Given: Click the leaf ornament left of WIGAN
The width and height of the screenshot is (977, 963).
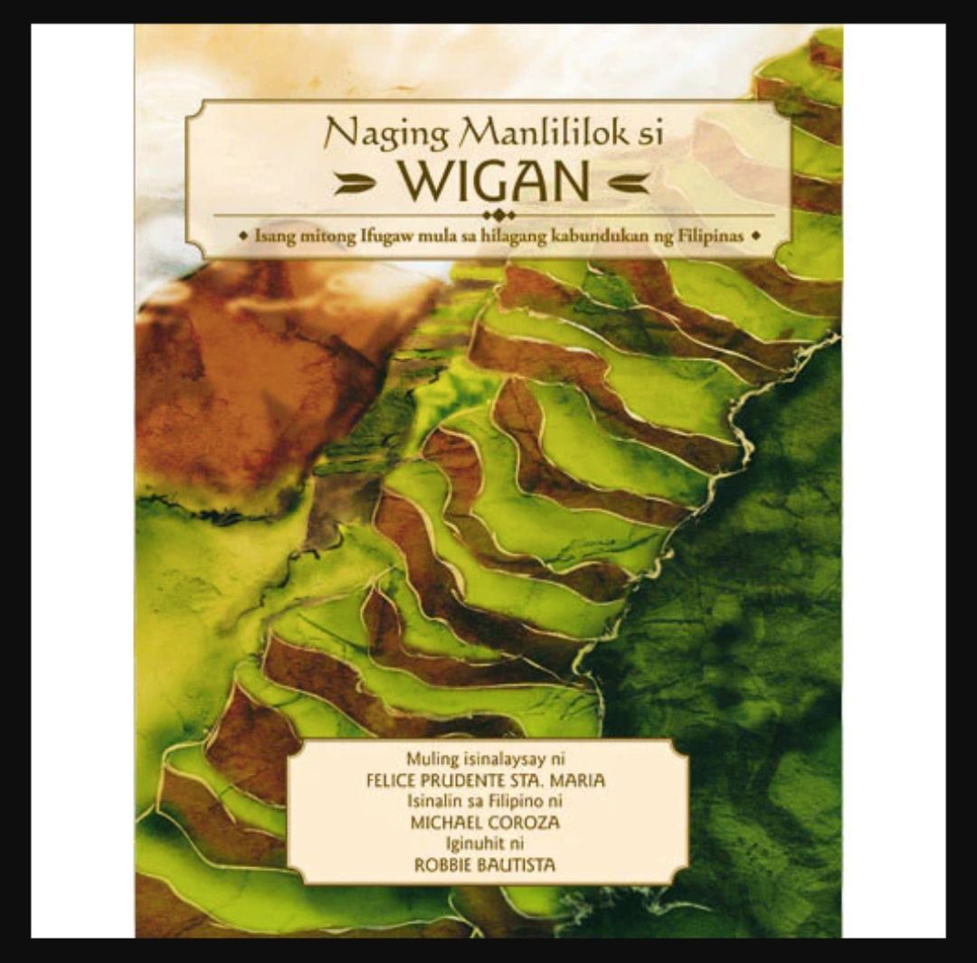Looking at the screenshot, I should [x=355, y=184].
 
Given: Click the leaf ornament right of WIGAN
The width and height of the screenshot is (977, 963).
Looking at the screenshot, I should [x=628, y=184].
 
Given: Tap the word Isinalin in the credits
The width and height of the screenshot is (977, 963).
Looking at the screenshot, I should [x=438, y=801].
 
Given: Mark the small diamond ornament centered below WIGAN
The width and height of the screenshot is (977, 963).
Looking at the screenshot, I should [x=498, y=214].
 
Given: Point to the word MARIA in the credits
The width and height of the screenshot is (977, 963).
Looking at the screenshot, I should [x=578, y=780].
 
